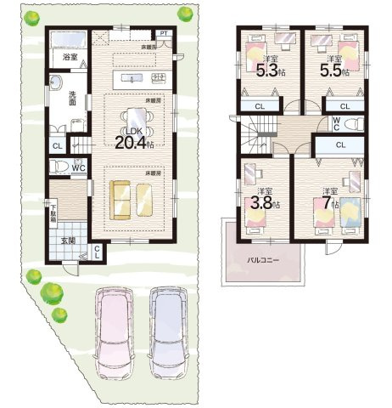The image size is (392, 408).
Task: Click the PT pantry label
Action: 162,34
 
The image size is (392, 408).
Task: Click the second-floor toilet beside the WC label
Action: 356,123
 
